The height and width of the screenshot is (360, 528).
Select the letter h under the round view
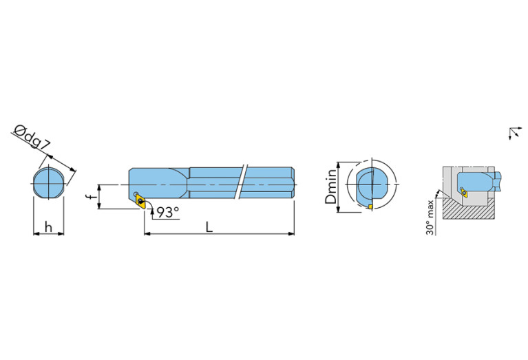[x=49, y=227]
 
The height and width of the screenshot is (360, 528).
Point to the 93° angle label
[x=168, y=212]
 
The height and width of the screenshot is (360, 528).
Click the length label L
[x=209, y=227]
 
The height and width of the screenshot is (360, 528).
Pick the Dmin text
[x=331, y=187]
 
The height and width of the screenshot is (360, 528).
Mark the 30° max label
[x=430, y=218]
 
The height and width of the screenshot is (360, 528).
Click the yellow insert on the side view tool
[x=140, y=202]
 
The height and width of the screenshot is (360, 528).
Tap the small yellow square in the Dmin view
[x=370, y=207]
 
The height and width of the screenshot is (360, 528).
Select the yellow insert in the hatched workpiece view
[x=465, y=193]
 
